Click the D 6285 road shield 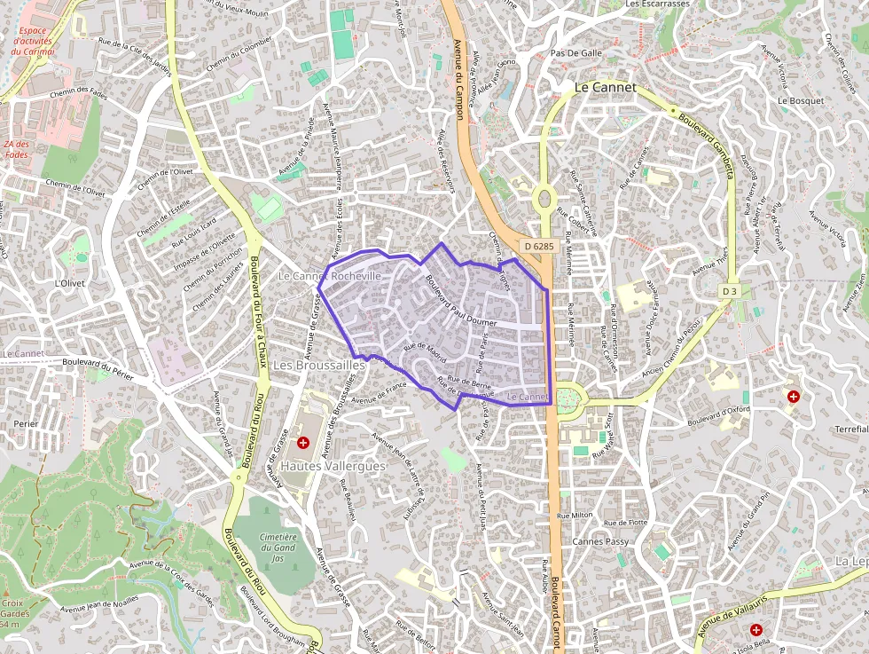point(538,246)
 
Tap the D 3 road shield point(729,291)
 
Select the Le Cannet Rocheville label point(330,276)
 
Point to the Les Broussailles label point(318,365)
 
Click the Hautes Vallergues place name point(333,466)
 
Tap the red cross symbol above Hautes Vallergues point(303,442)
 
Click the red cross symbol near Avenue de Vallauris point(755,629)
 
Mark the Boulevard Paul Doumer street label point(461,303)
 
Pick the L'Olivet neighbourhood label point(68,284)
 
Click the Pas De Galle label point(576,52)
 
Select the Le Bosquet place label point(800,100)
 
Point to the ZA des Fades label point(16,149)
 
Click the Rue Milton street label point(575,515)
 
